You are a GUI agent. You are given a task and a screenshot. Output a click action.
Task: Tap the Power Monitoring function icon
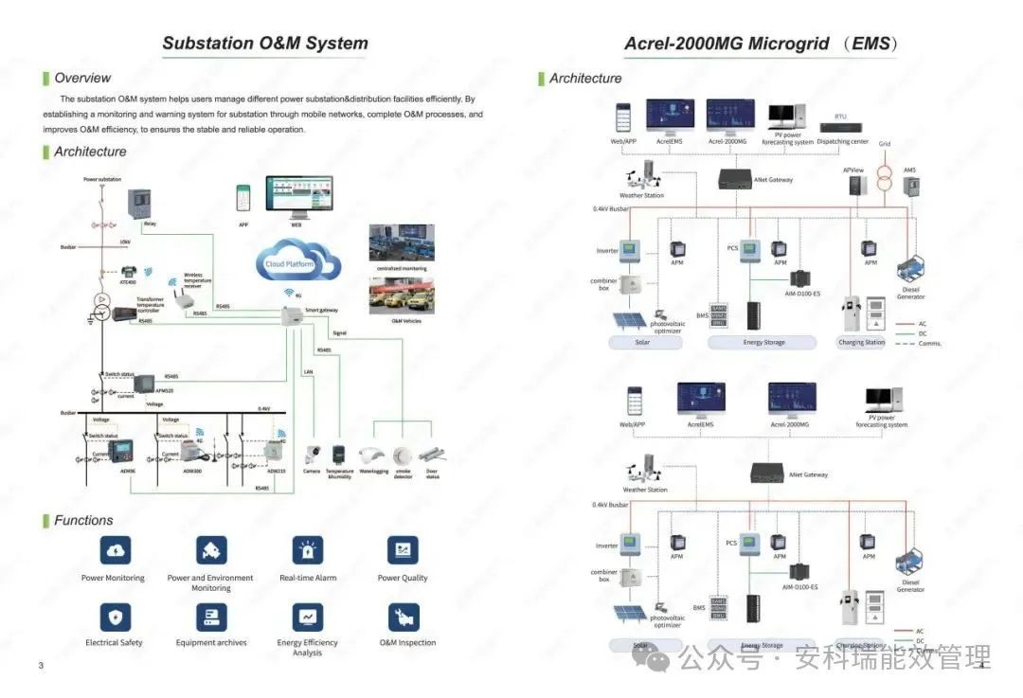coord(115,550)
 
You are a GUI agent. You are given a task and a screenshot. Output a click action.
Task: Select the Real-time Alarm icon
coord(308,550)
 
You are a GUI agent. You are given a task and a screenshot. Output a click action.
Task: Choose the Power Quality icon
coord(403,550)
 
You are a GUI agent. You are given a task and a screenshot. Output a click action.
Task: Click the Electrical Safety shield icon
coord(115,617)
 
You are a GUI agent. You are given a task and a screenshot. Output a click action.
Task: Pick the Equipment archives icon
coord(211,617)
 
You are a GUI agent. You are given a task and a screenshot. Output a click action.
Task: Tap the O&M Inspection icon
coord(404,617)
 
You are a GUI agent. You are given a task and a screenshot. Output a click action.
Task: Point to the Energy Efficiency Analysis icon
coord(308,617)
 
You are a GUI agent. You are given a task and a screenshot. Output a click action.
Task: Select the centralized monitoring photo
coord(401,243)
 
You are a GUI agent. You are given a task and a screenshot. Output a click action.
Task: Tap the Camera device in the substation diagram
coord(312,454)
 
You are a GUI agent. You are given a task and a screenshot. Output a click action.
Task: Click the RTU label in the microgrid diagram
coord(840,116)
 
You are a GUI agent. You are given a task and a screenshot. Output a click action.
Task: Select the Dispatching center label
coord(842,142)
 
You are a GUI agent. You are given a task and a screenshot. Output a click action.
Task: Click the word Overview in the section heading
coord(82,79)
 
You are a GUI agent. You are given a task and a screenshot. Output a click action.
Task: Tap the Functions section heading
coord(83,521)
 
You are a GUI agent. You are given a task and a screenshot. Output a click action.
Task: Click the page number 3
coord(41,666)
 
